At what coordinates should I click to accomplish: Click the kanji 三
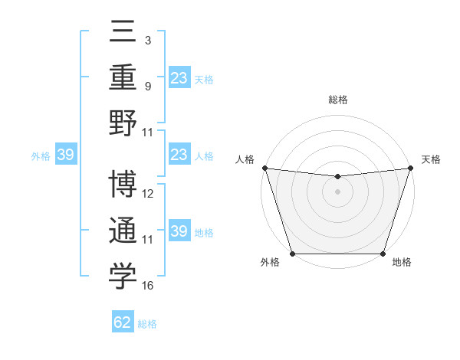123,33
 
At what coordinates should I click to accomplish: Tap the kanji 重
123,77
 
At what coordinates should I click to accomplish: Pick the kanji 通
123,231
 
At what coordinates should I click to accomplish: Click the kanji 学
123,277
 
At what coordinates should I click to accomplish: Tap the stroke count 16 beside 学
148,286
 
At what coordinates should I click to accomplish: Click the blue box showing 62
123,322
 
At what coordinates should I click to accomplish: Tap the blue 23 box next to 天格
179,78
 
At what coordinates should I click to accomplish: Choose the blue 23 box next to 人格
179,155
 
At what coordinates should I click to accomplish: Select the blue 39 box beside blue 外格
65,155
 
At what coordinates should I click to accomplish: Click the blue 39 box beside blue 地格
179,232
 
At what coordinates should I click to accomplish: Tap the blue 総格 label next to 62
147,324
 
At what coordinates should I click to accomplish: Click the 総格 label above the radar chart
337,100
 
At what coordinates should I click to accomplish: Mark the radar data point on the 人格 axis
264,168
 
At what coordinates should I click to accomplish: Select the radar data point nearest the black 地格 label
383,254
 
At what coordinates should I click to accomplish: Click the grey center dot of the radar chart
337,191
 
